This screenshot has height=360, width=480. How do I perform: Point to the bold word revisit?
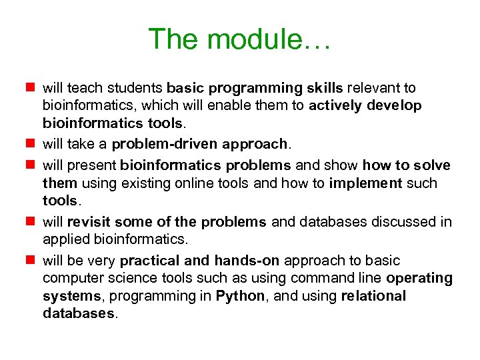(88, 222)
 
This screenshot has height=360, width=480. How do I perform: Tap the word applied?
(63, 239)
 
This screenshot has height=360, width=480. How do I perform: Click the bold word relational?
(373, 295)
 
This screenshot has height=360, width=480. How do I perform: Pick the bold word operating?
(419, 278)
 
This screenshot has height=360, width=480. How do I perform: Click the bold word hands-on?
(242, 261)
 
